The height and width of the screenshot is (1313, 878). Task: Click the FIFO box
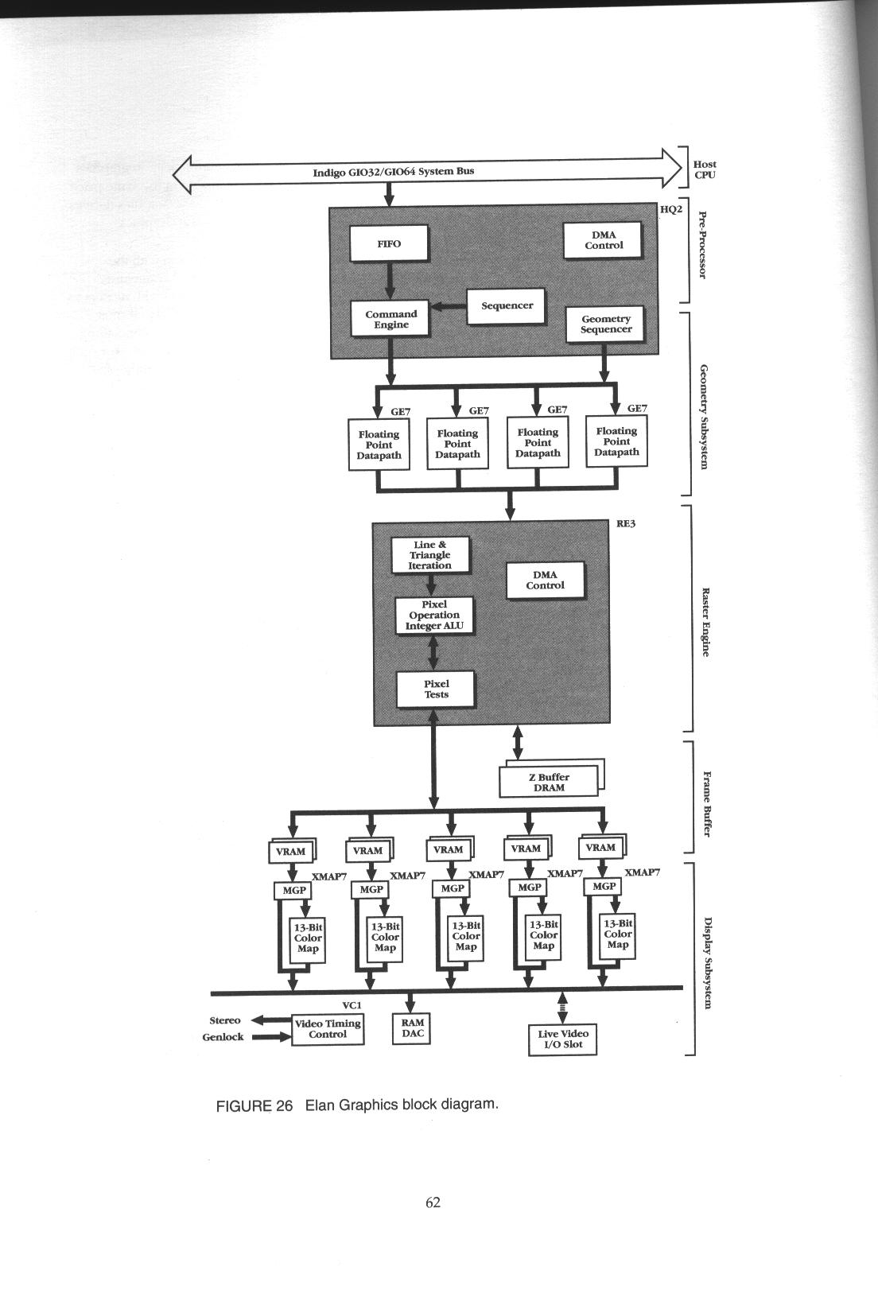[389, 243]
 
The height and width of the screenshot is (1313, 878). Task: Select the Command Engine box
[390, 319]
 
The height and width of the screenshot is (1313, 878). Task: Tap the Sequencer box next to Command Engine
[507, 305]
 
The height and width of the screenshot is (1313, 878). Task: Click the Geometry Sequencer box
[605, 324]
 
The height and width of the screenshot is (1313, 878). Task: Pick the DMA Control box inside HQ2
[603, 240]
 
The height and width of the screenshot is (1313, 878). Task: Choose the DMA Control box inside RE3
[545, 580]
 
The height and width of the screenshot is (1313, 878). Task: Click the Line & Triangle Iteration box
[430, 555]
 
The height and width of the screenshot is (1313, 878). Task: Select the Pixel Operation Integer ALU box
[434, 615]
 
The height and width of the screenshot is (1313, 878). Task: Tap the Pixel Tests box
[436, 689]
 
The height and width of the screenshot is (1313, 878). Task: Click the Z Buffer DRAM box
[548, 782]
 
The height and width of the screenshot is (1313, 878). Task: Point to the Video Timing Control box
[328, 1029]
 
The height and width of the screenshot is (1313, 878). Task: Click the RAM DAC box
[412, 1027]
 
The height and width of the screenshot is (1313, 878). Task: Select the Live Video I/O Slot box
[562, 1039]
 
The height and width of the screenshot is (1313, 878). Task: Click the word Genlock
[223, 1037]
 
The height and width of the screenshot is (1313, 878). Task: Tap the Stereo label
[225, 1020]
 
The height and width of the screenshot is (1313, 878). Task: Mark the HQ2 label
[671, 209]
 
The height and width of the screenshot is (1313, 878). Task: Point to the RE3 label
[626, 524]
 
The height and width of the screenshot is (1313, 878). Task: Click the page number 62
[433, 1202]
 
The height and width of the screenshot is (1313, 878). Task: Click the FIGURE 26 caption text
[357, 1105]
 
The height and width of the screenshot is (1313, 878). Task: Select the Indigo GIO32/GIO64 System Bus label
[393, 171]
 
